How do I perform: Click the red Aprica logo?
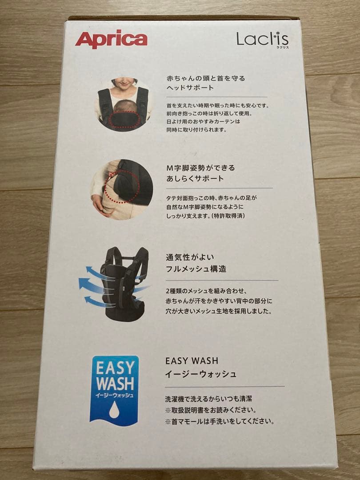pos(111,40)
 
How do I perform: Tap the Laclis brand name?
pos(262,39)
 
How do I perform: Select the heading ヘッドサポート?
pos(190,88)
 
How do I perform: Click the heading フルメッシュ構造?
pos(196,269)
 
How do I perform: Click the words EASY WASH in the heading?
pos(192,361)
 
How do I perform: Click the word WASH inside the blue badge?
pos(114,383)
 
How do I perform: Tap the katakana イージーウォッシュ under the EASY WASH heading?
pos(200,374)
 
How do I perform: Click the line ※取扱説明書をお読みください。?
pos(211,410)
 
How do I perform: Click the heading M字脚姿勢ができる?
pos(200,168)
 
